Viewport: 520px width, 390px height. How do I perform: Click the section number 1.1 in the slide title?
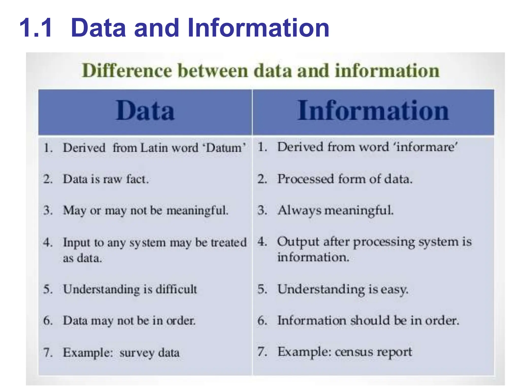click(x=36, y=28)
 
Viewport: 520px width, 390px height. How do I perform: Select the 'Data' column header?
click(x=145, y=111)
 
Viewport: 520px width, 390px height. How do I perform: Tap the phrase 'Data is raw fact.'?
click(x=106, y=179)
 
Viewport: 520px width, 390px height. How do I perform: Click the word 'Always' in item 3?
click(x=299, y=210)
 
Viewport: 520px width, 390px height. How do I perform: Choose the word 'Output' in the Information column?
click(x=298, y=242)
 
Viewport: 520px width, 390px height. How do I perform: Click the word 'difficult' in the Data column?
click(x=176, y=289)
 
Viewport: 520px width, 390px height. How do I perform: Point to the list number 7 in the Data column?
click(x=47, y=353)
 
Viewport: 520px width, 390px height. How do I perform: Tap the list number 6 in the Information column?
click(x=262, y=320)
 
